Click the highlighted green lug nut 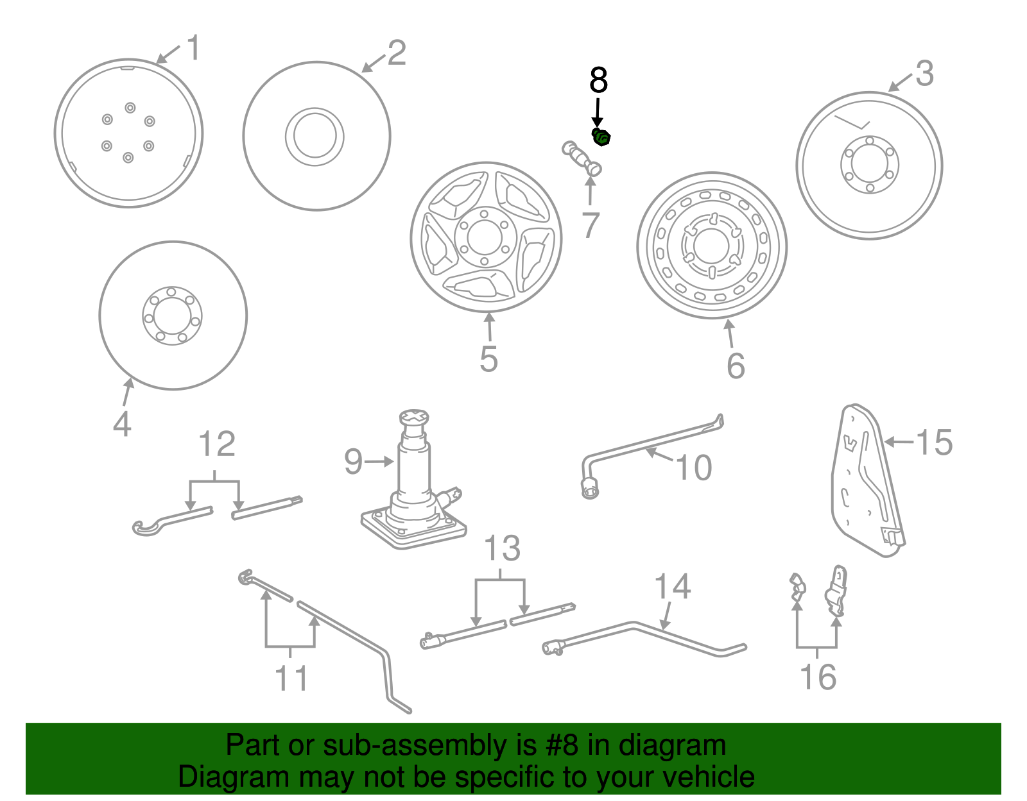[601, 137]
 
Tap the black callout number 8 [598, 81]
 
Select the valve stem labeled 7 [582, 158]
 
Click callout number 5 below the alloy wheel [488, 359]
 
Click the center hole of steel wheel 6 [711, 246]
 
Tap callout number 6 [736, 366]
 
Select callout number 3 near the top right [924, 74]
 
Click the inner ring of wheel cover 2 [315, 137]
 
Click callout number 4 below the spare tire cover [122, 425]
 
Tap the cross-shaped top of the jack [415, 417]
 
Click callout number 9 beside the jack [354, 462]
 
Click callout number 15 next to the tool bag [934, 443]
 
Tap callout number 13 [501, 549]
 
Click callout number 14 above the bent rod [672, 587]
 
